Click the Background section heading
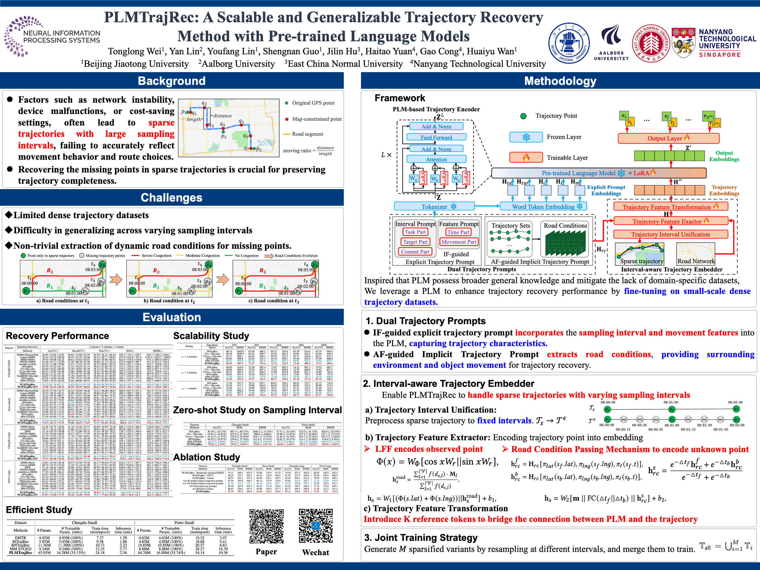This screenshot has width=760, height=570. (x=172, y=81)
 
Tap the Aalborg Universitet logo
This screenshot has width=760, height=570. (x=611, y=43)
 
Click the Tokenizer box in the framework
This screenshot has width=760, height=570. (x=434, y=207)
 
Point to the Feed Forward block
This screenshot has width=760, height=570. (x=436, y=137)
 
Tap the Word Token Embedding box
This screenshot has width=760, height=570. (x=543, y=207)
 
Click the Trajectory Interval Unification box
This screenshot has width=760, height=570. (x=670, y=234)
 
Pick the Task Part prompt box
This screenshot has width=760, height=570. (x=415, y=232)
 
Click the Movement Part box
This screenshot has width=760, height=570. (x=459, y=242)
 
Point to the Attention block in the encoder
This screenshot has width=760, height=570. (x=436, y=159)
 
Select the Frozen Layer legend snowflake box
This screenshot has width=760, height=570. (x=526, y=137)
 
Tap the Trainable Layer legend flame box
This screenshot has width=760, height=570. (x=526, y=158)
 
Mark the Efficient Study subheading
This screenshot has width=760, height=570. (x=39, y=509)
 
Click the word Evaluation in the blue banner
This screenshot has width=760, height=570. (x=172, y=317)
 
